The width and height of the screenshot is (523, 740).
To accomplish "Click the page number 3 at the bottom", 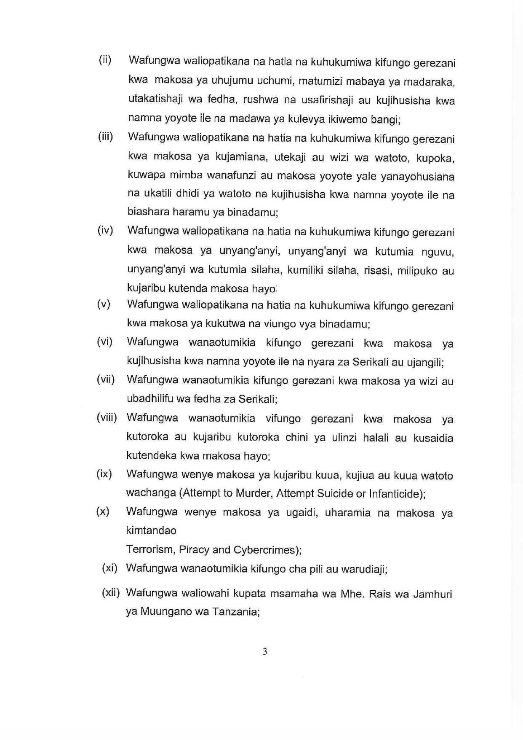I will (x=265, y=651).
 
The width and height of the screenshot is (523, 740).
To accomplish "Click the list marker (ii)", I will (x=105, y=60).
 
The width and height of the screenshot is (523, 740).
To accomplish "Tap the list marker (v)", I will (x=104, y=304).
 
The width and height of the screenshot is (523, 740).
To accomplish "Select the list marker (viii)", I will (x=107, y=417).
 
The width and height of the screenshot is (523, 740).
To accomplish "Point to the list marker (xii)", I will (x=111, y=593).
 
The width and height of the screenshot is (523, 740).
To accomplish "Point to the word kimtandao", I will (x=151, y=530).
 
